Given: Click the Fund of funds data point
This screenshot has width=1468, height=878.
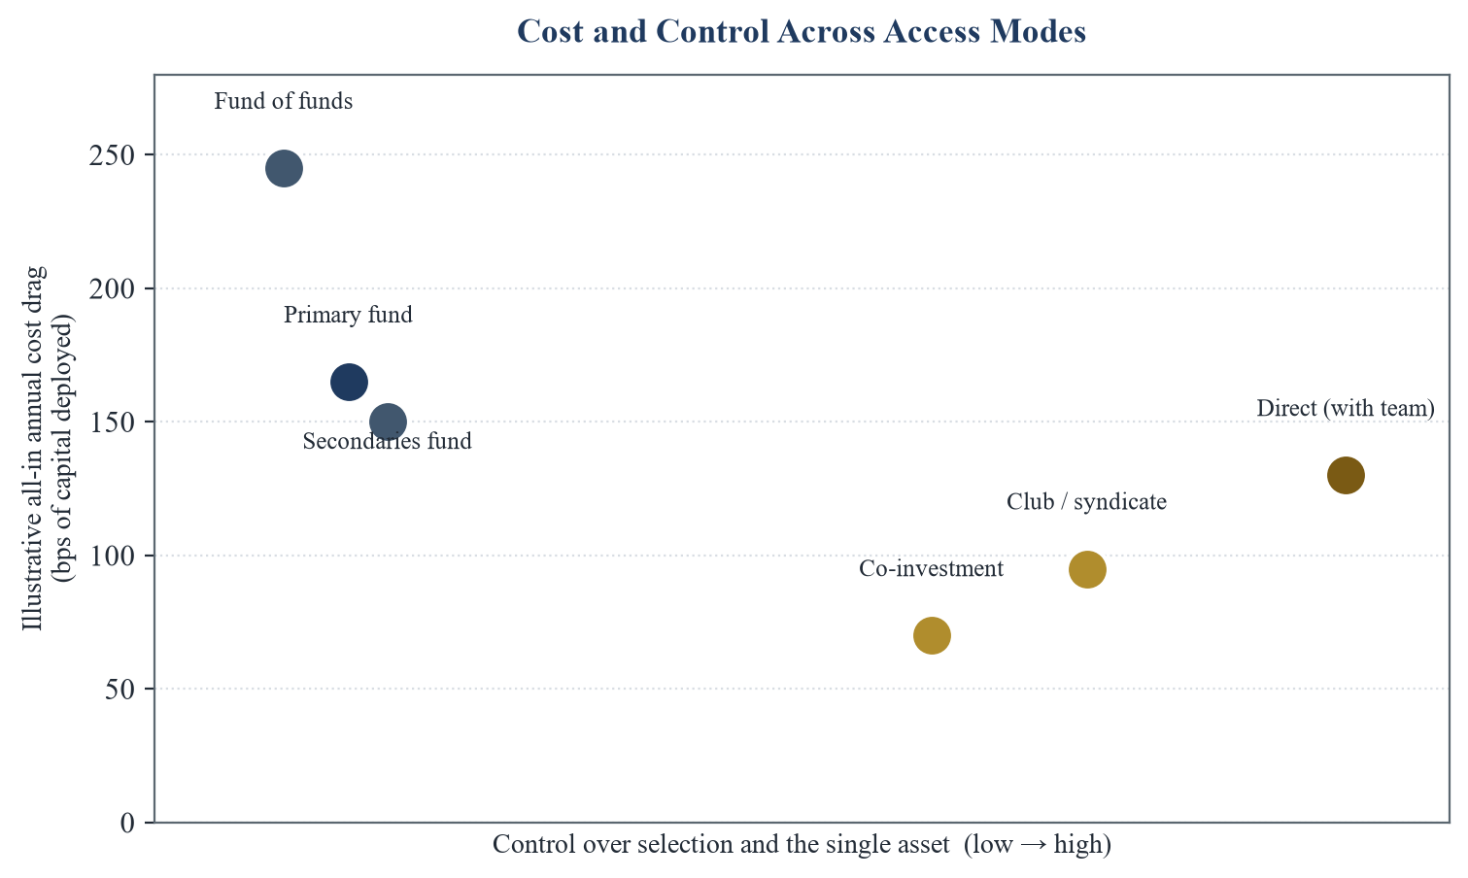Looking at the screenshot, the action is point(284,168).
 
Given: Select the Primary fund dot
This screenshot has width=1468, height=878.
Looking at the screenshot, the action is point(349,382).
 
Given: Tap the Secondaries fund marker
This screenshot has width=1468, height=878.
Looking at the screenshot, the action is point(388,422).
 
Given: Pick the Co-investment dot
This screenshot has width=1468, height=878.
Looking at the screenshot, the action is point(932,635).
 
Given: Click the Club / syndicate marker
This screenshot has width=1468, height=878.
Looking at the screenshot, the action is point(1087,569).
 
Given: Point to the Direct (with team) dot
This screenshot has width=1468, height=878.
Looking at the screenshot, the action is point(1346,476).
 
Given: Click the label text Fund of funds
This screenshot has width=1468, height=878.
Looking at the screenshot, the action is point(283,101).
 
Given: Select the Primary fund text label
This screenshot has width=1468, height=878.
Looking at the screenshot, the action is point(348,315).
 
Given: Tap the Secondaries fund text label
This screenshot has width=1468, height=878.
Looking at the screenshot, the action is point(387,441).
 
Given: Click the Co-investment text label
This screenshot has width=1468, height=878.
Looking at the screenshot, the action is point(932,568).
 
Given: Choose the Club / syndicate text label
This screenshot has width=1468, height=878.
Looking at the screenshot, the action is point(1086,502).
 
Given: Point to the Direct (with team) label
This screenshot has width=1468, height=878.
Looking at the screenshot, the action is point(1346,408).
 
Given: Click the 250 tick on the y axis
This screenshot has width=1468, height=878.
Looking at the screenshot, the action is point(112,155).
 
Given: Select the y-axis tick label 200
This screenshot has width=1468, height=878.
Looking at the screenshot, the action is point(112,289).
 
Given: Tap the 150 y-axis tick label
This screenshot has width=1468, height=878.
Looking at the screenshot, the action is point(112,422).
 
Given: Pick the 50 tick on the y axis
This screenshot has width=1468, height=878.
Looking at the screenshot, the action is point(119,690).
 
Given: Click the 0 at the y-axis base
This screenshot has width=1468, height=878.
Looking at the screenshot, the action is point(127,823).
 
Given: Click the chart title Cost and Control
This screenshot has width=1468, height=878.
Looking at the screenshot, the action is point(802,31).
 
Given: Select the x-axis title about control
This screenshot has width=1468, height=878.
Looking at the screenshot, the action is point(802,845).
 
